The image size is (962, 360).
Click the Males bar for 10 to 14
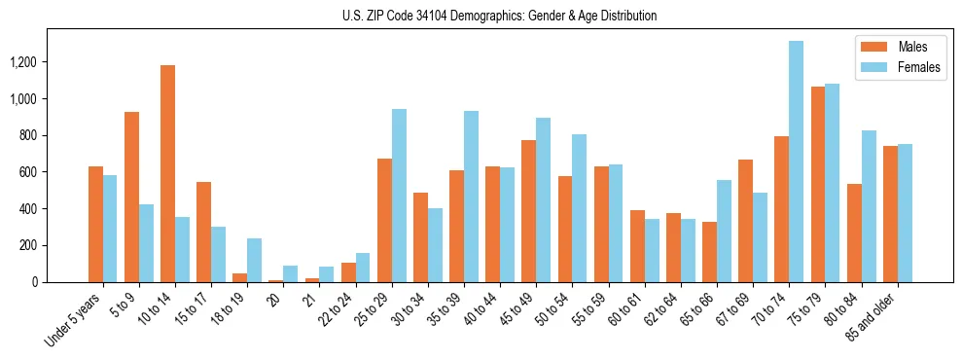[x=167, y=173]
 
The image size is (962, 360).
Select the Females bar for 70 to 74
[x=796, y=162]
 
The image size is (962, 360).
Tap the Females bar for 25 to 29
[x=399, y=196]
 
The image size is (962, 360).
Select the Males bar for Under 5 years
[x=95, y=224]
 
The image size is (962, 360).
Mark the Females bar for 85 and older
[x=905, y=213]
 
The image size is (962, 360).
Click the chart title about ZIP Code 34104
[x=499, y=16]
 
